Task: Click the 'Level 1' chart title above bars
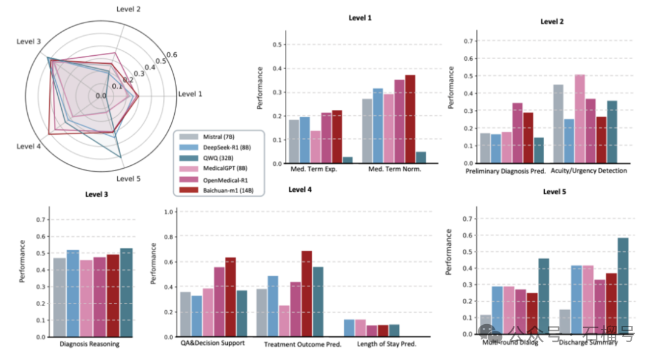361,18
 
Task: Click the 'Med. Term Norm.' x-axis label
395,169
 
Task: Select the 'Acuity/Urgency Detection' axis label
589,171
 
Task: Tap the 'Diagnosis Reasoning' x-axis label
90,344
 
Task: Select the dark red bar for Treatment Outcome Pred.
306,293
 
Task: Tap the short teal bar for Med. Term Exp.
347,160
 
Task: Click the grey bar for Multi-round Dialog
485,324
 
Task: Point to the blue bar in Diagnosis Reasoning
72,293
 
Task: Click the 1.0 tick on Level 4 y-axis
171,212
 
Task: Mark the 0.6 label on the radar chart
172,55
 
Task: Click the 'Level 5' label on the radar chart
129,178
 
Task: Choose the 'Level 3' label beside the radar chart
30,41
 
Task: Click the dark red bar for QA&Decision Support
230,297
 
